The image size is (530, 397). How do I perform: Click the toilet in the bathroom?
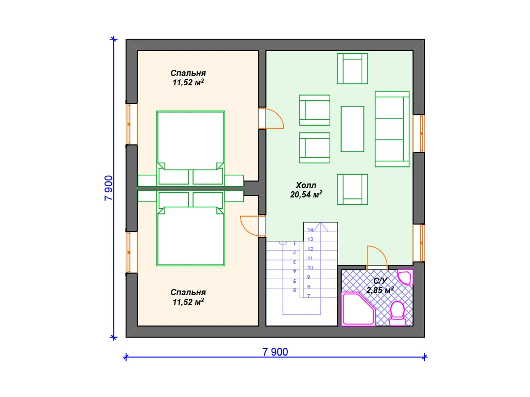pyautogui.click(x=397, y=314)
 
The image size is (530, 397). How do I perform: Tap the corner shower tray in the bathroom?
pyautogui.click(x=358, y=309)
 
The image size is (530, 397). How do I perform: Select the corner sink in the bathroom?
pyautogui.click(x=405, y=277)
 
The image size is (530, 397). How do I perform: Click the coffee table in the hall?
pyautogui.click(x=352, y=129)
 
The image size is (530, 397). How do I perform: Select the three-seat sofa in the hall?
pyautogui.click(x=392, y=129)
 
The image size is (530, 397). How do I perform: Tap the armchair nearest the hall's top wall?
pyautogui.click(x=352, y=69)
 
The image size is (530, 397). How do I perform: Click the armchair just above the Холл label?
pyautogui.click(x=315, y=148)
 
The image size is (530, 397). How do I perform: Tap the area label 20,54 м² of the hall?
pyautogui.click(x=306, y=194)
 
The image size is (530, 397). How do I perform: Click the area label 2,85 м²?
pyautogui.click(x=380, y=291)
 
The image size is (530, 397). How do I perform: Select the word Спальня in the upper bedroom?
pyautogui.click(x=188, y=73)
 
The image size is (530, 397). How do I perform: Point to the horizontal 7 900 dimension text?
pyautogui.click(x=275, y=352)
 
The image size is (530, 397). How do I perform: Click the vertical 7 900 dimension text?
pyautogui.click(x=109, y=188)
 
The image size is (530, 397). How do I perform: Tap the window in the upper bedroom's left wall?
pyautogui.click(x=131, y=124)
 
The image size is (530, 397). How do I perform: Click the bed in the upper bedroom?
pyautogui.click(x=190, y=148)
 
